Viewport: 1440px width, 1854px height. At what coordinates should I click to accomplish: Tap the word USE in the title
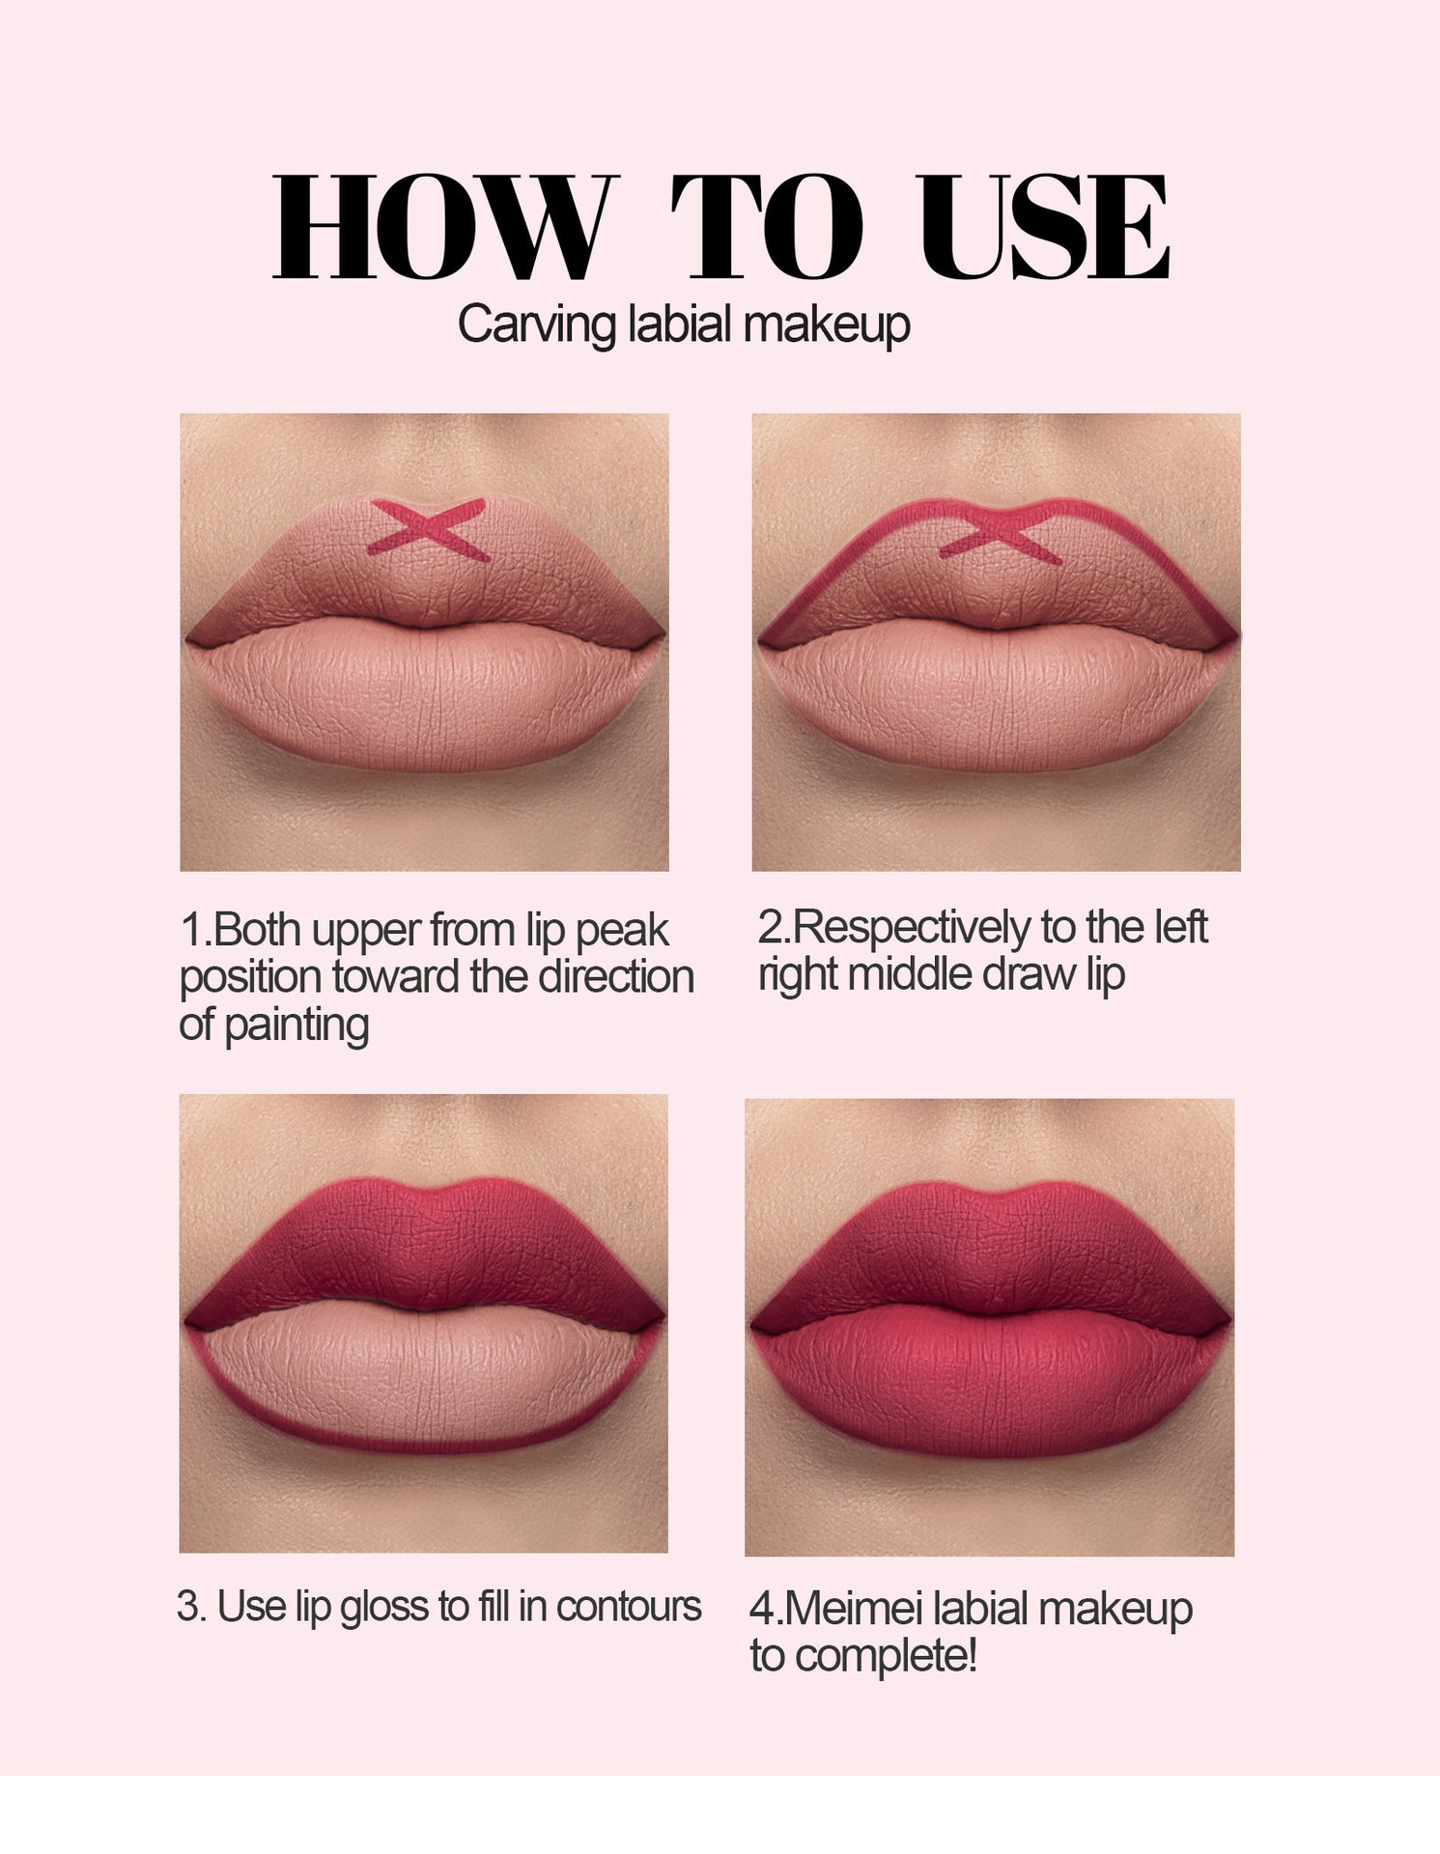pyautogui.click(x=1045, y=227)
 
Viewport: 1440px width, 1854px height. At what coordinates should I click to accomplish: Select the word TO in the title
pyautogui.click(x=767, y=227)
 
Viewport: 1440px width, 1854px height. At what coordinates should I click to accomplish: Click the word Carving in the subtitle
pyautogui.click(x=536, y=325)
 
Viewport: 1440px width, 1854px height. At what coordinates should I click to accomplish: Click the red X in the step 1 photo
pyautogui.click(x=427, y=529)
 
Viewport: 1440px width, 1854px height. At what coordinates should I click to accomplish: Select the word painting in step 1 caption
pyautogui.click(x=296, y=1025)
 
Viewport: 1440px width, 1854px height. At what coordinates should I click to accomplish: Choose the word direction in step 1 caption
pyautogui.click(x=616, y=976)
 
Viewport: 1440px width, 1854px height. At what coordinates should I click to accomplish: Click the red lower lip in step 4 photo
pyautogui.click(x=990, y=1381)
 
